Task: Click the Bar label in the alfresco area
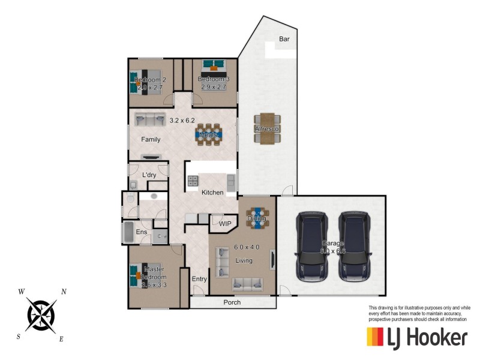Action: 284,40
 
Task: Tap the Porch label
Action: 232,302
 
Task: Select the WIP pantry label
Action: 225,224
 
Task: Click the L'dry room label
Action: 149,175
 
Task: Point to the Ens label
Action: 142,232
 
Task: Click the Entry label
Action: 199,279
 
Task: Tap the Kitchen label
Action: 212,193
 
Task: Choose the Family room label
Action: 151,139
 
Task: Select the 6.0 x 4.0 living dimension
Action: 246,247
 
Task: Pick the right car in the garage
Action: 354,245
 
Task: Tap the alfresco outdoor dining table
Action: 267,128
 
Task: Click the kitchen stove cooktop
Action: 193,181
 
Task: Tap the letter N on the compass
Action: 64,292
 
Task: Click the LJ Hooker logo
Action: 416,337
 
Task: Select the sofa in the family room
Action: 150,118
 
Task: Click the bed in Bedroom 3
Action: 212,67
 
